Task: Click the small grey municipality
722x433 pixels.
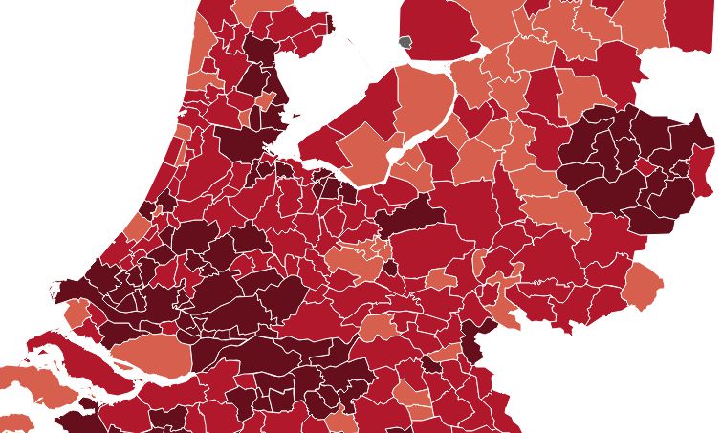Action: (405, 43)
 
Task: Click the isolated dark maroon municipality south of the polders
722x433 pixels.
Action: (409, 215)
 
